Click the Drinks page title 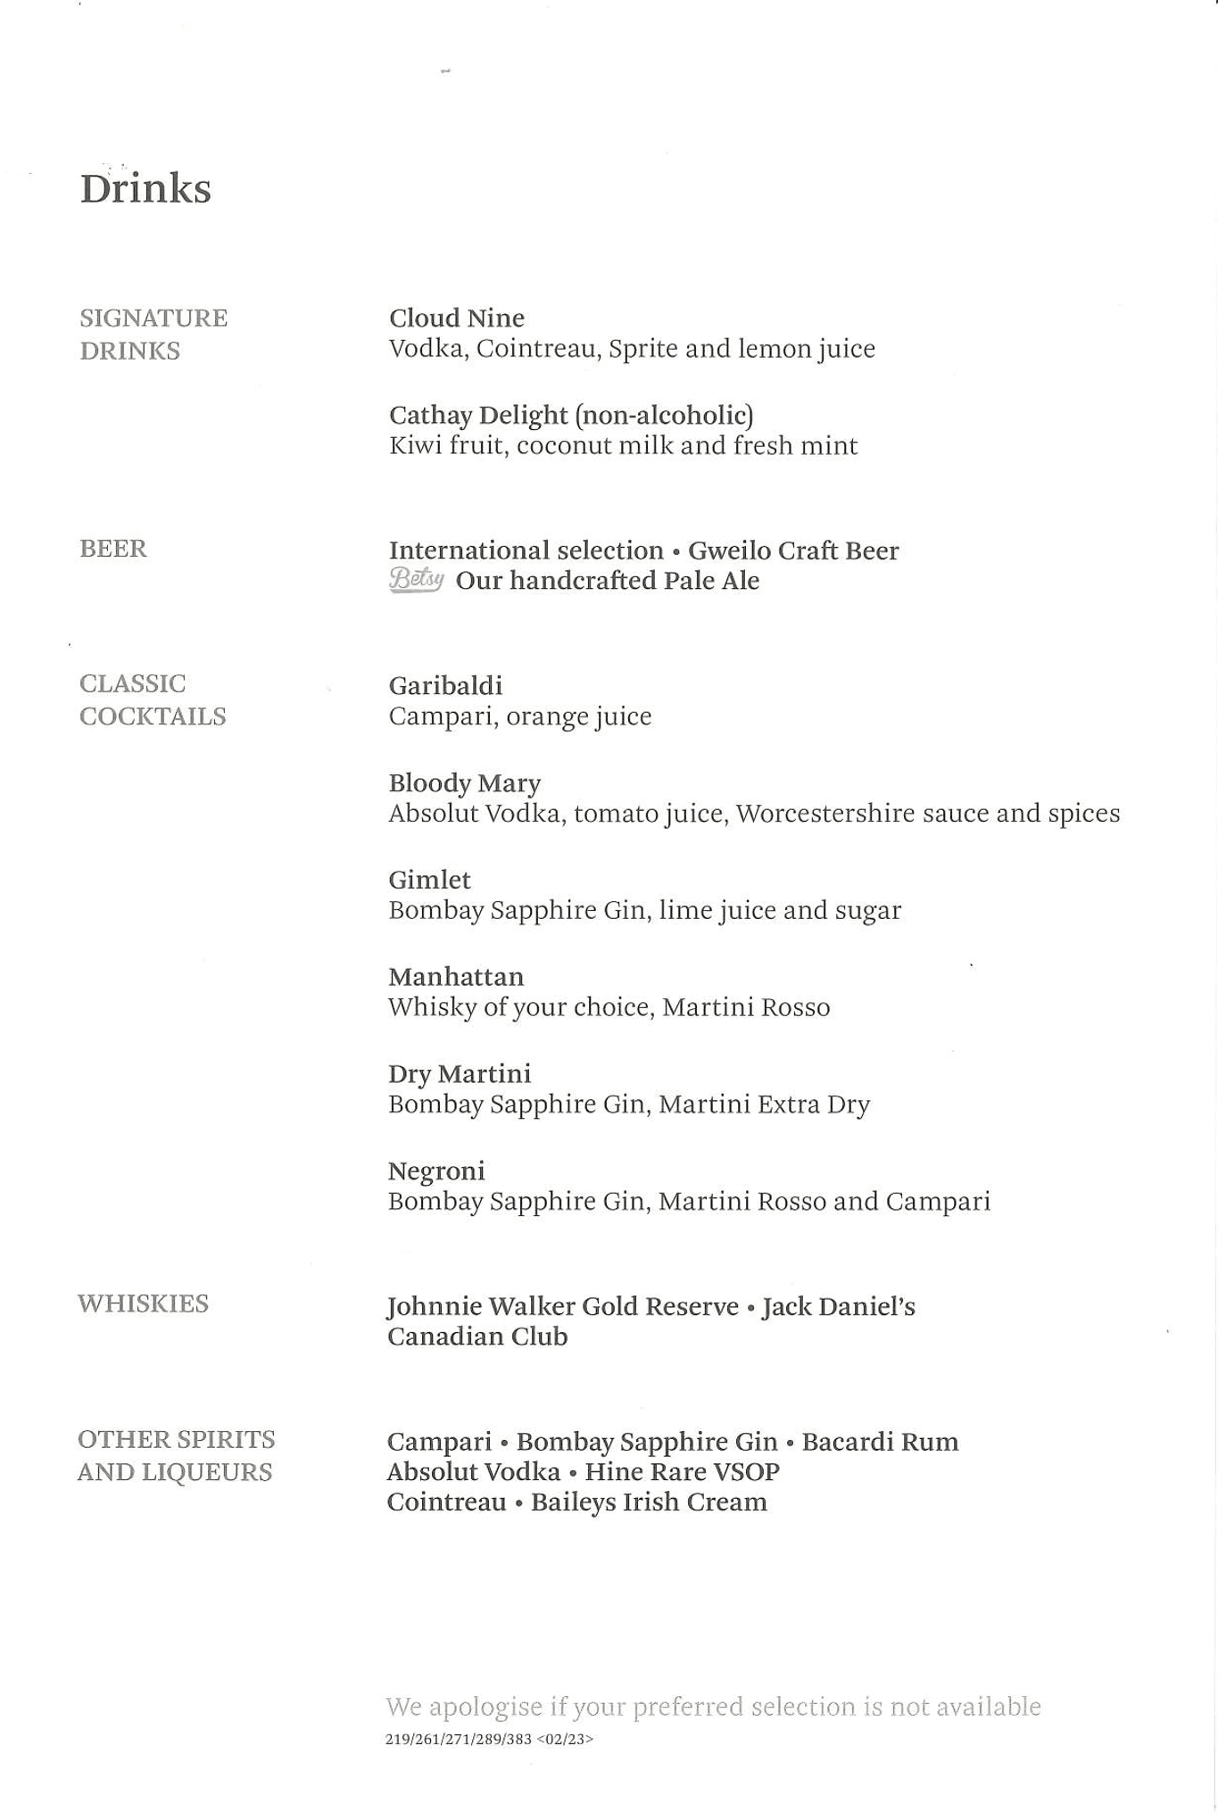point(145,188)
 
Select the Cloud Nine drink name point(456,318)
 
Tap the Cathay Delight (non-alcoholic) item point(570,415)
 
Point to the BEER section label point(112,548)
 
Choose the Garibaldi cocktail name point(445,685)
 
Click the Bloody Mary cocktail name point(464,782)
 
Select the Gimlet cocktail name point(429,880)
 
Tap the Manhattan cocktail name point(455,976)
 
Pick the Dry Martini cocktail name point(459,1073)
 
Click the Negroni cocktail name point(436,1171)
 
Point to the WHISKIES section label point(143,1303)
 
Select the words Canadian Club point(476,1336)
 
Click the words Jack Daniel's point(838,1306)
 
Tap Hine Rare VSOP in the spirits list point(682,1471)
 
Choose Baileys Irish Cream point(649,1502)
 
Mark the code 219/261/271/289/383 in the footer point(458,1739)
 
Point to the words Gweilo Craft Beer point(792,550)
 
